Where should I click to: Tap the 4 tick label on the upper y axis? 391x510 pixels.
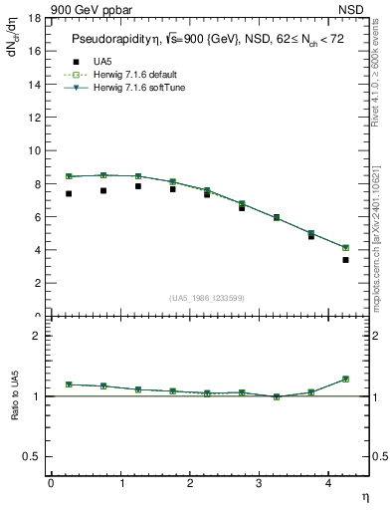tap(37, 250)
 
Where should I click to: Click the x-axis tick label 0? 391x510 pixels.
tap(51, 483)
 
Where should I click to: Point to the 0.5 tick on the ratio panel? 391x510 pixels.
tap(32, 456)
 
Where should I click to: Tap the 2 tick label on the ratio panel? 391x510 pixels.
tap(37, 336)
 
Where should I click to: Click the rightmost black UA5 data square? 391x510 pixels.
tap(346, 260)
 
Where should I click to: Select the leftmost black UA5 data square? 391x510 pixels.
tap(69, 193)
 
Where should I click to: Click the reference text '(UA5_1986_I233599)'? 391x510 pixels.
tap(208, 298)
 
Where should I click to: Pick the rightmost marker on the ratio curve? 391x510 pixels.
tap(346, 379)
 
